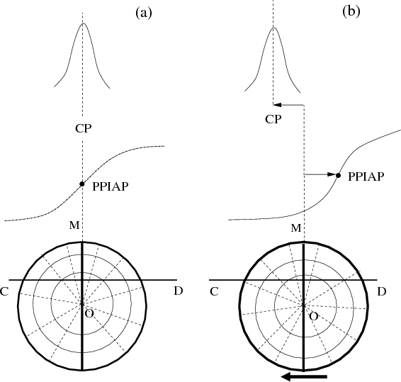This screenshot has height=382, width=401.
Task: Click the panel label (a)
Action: tap(144, 13)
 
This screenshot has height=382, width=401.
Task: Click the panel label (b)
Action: tap(351, 11)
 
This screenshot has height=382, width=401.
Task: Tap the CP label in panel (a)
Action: tap(84, 128)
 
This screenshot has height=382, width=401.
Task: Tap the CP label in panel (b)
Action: tap(273, 119)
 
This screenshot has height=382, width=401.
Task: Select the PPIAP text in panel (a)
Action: tap(111, 186)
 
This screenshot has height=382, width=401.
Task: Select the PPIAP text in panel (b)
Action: tap(366, 176)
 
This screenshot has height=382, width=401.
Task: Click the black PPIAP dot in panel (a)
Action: tap(82, 184)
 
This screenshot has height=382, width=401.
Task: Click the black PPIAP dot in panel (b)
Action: tap(338, 175)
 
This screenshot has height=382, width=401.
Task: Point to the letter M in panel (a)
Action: tap(74, 225)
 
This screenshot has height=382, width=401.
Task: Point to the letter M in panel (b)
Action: tap(296, 227)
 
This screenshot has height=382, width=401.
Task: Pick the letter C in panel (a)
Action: tap(4, 291)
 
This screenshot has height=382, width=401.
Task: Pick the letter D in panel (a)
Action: tap(179, 291)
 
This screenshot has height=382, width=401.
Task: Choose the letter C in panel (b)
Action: tap(214, 291)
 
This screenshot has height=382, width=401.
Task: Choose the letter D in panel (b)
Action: tap(382, 291)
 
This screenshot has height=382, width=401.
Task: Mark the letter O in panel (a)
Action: tap(89, 313)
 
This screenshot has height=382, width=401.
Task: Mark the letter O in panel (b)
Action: tap(314, 317)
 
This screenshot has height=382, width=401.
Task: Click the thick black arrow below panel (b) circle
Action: tap(304, 376)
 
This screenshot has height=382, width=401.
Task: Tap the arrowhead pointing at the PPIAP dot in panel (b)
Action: tap(332, 174)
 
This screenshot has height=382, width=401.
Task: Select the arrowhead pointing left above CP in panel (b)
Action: tap(278, 105)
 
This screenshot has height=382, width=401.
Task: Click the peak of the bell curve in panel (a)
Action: tap(83, 23)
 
